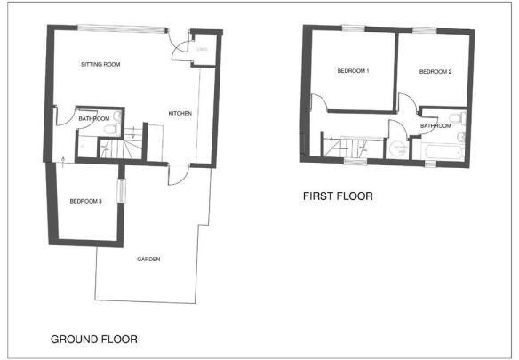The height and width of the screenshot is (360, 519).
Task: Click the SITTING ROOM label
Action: click(x=100, y=65)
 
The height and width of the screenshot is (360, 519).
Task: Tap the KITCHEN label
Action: click(x=180, y=113)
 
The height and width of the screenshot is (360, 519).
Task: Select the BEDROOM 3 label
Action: click(x=85, y=202)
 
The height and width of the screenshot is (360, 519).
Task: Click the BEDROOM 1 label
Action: click(x=353, y=72)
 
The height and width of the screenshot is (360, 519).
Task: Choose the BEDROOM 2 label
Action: click(x=436, y=72)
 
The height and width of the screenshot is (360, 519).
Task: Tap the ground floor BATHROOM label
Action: click(x=93, y=119)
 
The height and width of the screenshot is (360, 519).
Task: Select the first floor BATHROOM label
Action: click(x=436, y=126)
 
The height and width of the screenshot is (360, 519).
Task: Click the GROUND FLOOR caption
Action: click(x=94, y=339)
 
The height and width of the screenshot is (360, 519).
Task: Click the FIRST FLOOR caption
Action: click(x=337, y=196)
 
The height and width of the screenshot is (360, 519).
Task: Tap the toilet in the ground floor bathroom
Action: click(x=110, y=130)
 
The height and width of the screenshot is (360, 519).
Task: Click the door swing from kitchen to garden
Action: click(x=176, y=174)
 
